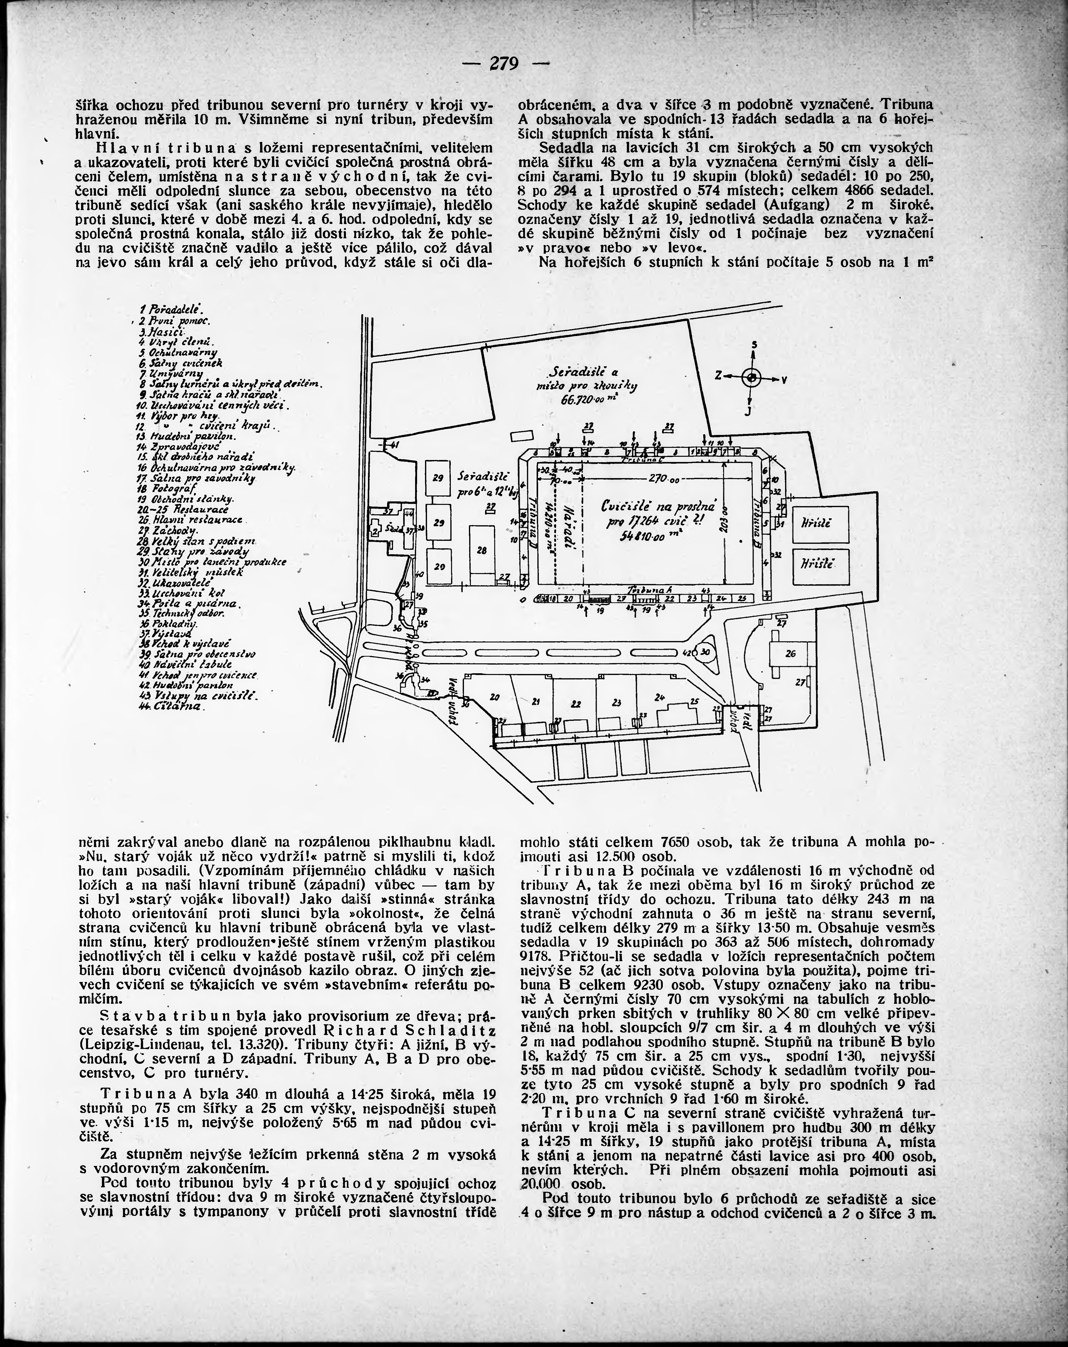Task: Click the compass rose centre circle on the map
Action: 752,377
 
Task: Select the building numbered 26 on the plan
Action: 791,653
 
